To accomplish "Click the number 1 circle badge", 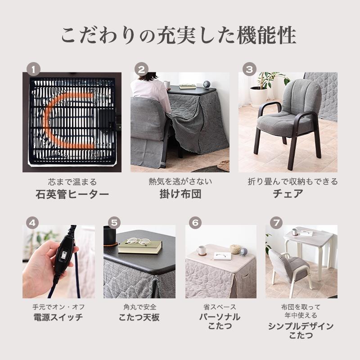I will (x=33, y=69).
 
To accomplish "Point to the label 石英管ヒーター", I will (x=72, y=194).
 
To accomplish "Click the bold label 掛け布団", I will (x=180, y=194).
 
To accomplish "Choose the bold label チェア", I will (x=288, y=194).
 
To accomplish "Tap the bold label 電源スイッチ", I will (x=58, y=317).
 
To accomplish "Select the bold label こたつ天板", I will (x=139, y=317).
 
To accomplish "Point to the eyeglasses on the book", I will (x=138, y=242).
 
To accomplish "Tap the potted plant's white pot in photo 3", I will (x=258, y=96).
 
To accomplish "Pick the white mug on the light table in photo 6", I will (x=201, y=250).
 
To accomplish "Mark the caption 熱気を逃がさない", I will (x=180, y=182).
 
